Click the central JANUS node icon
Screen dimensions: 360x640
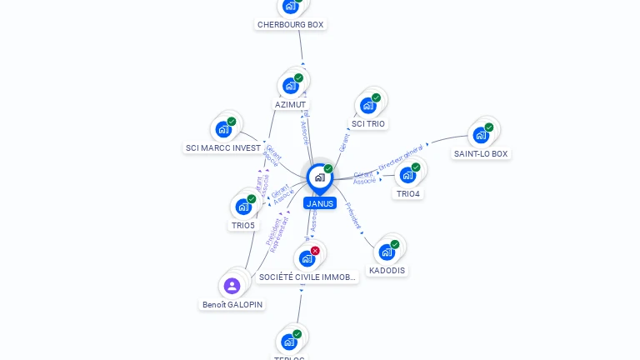(x=319, y=177)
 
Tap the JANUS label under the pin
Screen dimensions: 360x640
(x=319, y=203)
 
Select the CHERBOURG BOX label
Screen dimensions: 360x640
(x=290, y=24)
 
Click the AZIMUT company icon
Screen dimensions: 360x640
(x=291, y=85)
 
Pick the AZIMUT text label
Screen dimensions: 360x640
(x=290, y=105)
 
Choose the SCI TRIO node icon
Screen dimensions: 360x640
(x=367, y=105)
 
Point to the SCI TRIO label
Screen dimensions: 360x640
(x=368, y=123)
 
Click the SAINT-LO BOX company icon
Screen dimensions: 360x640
(x=481, y=135)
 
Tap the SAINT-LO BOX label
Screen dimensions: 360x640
(x=481, y=153)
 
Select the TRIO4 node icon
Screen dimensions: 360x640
(x=407, y=175)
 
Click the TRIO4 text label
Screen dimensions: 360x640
(x=408, y=193)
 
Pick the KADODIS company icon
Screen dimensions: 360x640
(x=387, y=252)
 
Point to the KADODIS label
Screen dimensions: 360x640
(x=387, y=270)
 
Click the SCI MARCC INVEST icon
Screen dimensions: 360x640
(x=223, y=129)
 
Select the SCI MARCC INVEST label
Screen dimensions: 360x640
(x=223, y=147)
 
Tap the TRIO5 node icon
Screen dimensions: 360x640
(x=243, y=206)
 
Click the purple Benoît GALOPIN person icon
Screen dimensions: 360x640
(x=232, y=286)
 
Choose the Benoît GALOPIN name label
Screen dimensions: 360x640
(x=232, y=304)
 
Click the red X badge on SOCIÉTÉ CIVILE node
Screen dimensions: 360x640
(x=315, y=251)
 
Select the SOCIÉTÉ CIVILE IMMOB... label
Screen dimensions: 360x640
(x=307, y=277)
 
